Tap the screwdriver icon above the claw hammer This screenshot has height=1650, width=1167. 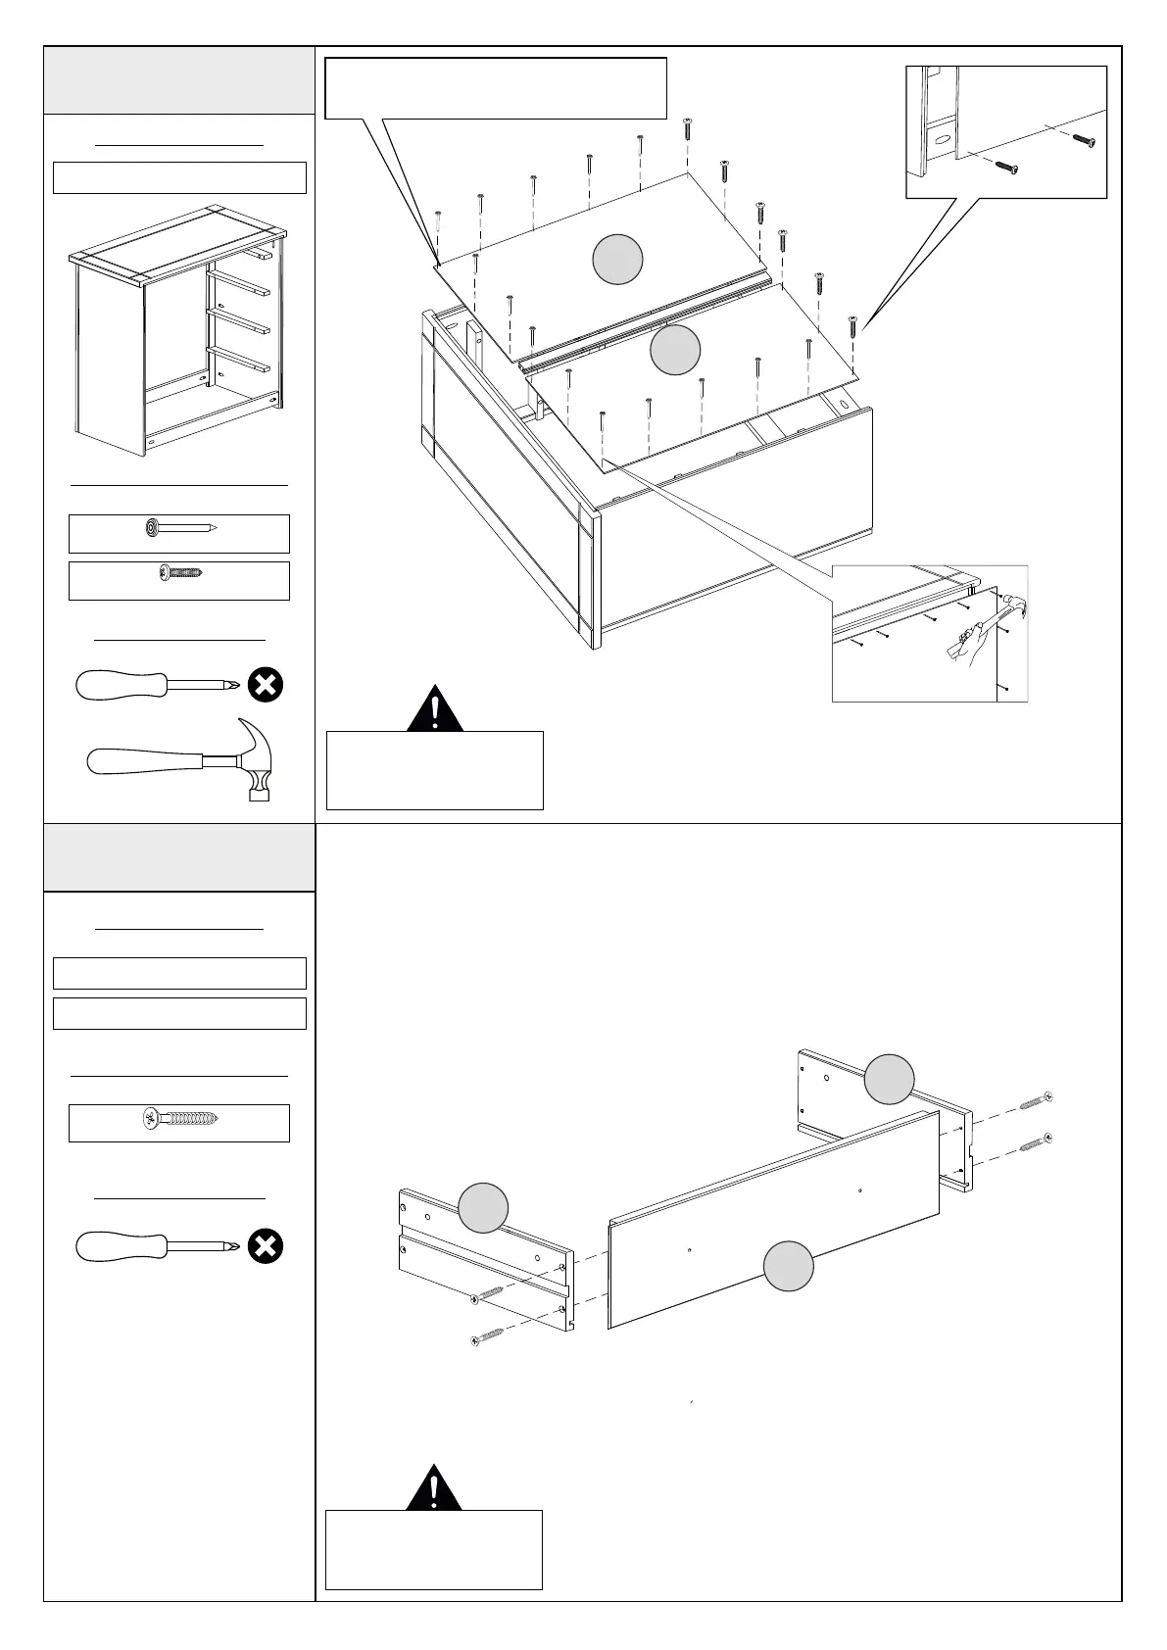pyautogui.click(x=158, y=684)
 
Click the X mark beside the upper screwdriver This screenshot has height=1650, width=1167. pyautogui.click(x=265, y=685)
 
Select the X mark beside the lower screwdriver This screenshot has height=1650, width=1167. pyautogui.click(x=265, y=1246)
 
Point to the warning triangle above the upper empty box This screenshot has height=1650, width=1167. pyautogui.click(x=435, y=711)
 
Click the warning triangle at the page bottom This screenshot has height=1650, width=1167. pyautogui.click(x=435, y=1489)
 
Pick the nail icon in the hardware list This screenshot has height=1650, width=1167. pyautogui.click(x=178, y=529)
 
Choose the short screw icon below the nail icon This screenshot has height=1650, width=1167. pyautogui.click(x=180, y=570)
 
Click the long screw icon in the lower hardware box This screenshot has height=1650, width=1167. pyautogui.click(x=179, y=1117)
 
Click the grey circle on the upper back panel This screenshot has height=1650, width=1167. pyautogui.click(x=618, y=260)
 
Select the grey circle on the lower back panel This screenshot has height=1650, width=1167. pyautogui.click(x=675, y=350)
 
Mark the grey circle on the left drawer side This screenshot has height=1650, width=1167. pyautogui.click(x=484, y=1207)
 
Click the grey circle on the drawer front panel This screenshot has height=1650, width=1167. pyautogui.click(x=788, y=1266)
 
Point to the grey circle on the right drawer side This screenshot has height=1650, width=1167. pyautogui.click(x=890, y=1079)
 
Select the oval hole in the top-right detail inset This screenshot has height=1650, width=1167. pyautogui.click(x=941, y=140)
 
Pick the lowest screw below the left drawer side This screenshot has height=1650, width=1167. pyautogui.click(x=488, y=1335)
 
